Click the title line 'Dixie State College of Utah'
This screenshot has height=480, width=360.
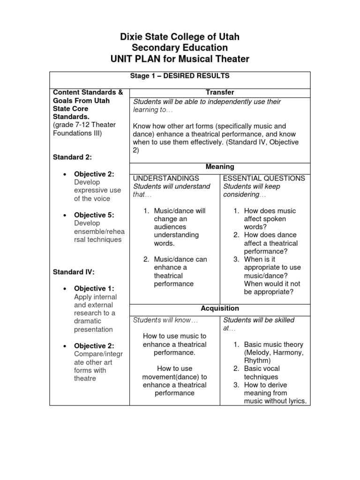click(x=180, y=37)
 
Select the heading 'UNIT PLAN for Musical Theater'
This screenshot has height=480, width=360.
click(x=180, y=59)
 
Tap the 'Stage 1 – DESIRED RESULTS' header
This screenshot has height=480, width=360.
click(x=180, y=75)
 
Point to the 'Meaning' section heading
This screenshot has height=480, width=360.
click(x=220, y=166)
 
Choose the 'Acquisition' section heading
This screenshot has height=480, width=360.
click(x=220, y=308)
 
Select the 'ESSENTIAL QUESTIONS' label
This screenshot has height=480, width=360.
click(x=264, y=178)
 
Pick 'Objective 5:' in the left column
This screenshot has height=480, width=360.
click(x=94, y=215)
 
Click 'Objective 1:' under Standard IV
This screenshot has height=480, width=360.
click(x=94, y=289)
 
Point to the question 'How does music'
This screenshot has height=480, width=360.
click(x=270, y=211)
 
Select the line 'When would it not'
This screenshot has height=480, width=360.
click(x=272, y=284)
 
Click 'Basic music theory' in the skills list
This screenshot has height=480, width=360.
click(x=273, y=345)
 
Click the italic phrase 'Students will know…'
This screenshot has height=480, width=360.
click(x=165, y=320)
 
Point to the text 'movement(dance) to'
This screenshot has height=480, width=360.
click(x=174, y=377)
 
